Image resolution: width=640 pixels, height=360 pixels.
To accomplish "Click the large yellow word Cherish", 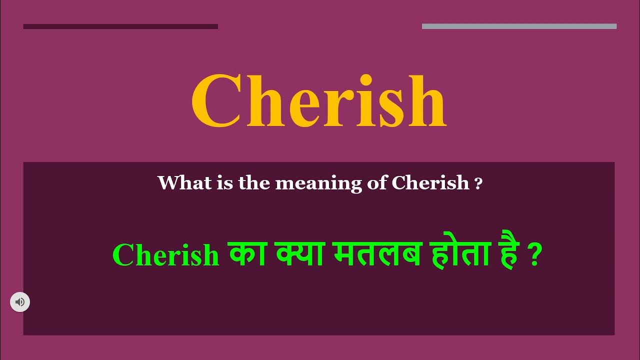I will point(318,101).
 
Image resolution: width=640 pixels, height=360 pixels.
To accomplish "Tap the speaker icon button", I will point(20,302).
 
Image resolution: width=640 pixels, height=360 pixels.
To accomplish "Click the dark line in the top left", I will point(120,26).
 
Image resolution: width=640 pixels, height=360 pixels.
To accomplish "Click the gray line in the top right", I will point(519,26).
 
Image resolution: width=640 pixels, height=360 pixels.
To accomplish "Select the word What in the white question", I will point(178,183).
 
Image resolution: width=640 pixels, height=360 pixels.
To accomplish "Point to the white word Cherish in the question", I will point(430,183).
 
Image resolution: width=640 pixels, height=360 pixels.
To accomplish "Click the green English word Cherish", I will point(166,255).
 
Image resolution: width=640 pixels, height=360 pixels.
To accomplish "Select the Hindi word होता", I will point(462,253).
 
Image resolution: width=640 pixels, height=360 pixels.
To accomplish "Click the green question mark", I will point(535,256).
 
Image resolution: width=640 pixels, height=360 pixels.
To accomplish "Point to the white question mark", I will point(478,184).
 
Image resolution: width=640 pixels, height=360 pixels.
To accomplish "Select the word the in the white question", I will point(254,183).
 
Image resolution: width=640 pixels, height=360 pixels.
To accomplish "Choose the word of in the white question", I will point(374,183).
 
